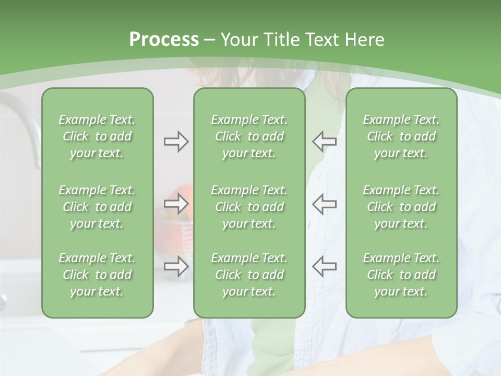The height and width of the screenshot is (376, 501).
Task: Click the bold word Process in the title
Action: coord(164,40)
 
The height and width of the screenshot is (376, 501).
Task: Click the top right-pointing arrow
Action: coord(176,142)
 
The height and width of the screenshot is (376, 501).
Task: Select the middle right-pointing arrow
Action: coord(176,204)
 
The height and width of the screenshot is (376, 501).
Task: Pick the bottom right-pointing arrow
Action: coord(176,266)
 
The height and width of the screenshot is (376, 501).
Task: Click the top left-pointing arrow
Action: coord(324,142)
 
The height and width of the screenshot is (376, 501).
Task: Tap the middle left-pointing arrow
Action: coord(324,204)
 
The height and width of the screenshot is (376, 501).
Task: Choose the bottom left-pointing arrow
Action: coord(324,266)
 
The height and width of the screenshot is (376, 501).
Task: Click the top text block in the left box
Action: coord(97,136)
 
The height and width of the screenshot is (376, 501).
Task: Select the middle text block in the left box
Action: coord(97,207)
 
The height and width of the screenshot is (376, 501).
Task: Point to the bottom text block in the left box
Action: coord(97,275)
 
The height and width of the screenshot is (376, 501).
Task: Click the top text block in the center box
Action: coord(249,136)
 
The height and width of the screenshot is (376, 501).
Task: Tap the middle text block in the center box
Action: coord(249,207)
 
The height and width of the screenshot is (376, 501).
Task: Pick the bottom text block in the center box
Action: coord(249,275)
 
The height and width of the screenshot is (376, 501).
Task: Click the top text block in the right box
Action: coord(401,136)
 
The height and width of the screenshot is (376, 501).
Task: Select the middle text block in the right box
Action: coord(401,207)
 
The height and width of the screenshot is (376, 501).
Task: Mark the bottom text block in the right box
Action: coord(401,275)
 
